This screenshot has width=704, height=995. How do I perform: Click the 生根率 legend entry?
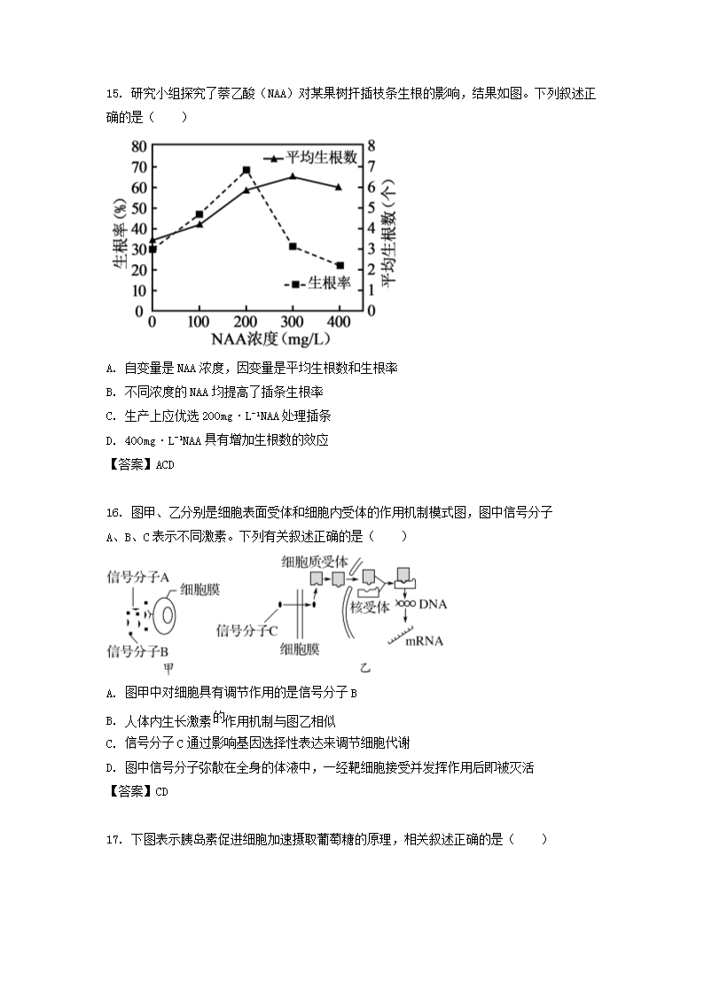click(320, 284)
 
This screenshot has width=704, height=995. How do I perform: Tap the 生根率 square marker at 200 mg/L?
click(246, 170)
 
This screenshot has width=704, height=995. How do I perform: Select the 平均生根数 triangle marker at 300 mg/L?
click(293, 176)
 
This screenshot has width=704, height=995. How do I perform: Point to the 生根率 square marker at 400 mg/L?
click(340, 265)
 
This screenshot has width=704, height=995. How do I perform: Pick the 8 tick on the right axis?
click(372, 145)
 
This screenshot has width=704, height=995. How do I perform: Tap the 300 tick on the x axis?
click(293, 321)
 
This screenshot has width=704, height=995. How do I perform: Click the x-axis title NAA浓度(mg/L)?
click(246, 338)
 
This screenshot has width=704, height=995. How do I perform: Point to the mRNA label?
click(424, 641)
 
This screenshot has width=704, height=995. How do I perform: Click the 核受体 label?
click(370, 608)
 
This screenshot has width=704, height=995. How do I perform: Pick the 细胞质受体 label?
click(315, 561)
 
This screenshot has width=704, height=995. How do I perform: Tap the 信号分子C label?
click(247, 630)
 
